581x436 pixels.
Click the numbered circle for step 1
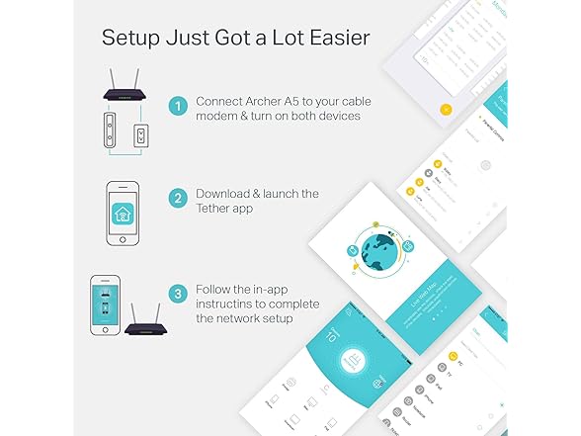point(178,106)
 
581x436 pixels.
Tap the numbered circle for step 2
point(178,199)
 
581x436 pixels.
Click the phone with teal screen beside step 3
point(106,307)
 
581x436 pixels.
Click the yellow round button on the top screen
point(447,108)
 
